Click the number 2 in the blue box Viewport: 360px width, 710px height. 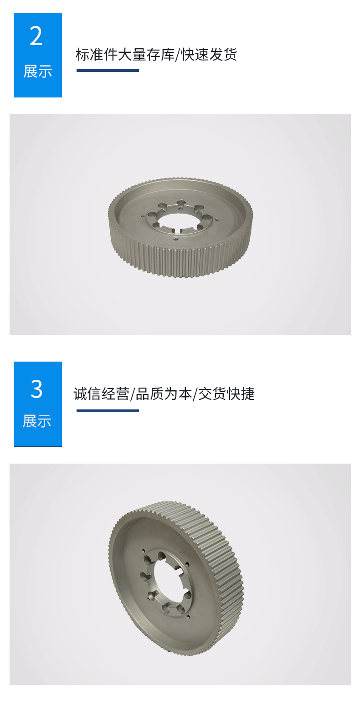coord(36,36)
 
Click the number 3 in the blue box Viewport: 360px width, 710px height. coord(36,389)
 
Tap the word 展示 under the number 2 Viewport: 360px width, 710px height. coord(37,72)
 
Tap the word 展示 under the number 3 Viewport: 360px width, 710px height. coord(37,421)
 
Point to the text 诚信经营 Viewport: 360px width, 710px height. coord(101,394)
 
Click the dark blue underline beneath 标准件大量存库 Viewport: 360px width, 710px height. coord(108,71)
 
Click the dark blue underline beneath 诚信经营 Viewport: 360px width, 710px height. coord(108,411)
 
